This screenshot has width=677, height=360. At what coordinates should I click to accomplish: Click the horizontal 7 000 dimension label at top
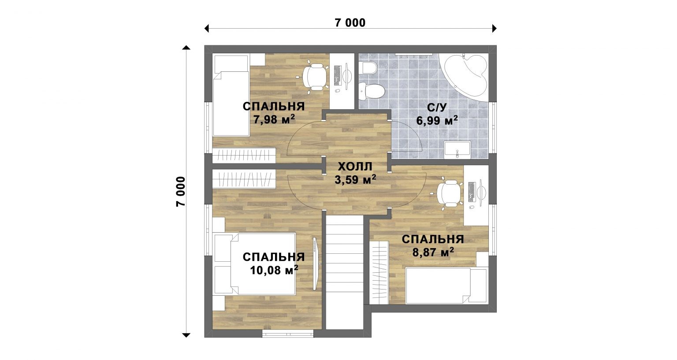click(350, 22)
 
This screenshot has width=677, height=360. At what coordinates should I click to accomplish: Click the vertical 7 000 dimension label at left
click(180, 192)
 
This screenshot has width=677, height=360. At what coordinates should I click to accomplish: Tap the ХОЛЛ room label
click(355, 167)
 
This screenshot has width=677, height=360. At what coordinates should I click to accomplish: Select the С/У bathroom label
click(437, 108)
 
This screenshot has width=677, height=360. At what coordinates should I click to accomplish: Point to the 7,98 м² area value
click(274, 119)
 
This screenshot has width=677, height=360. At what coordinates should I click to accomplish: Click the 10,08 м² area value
click(274, 270)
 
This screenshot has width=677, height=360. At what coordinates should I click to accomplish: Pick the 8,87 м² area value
click(433, 252)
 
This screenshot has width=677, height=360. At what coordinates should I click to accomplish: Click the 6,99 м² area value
click(437, 121)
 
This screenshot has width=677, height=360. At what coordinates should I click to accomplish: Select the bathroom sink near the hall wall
click(457, 150)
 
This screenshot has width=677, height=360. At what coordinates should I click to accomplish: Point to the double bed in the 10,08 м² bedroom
click(254, 264)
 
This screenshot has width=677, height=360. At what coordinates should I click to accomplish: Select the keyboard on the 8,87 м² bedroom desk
click(472, 192)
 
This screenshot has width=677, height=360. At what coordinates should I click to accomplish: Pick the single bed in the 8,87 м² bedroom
click(446, 286)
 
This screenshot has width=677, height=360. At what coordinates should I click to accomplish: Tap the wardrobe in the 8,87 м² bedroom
click(379, 272)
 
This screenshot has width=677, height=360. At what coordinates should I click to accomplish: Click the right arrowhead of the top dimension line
click(495, 28)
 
